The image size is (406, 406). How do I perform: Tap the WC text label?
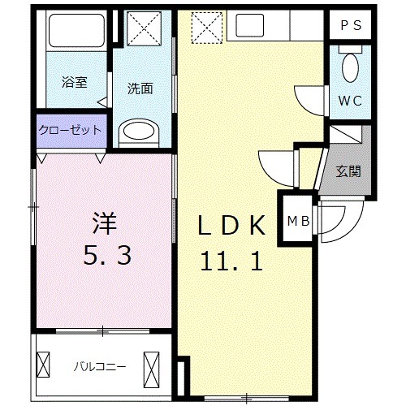point(351,101)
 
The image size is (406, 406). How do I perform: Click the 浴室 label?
point(74,82)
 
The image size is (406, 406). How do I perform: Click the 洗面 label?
point(140,89)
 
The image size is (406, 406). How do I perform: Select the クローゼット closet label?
point(70,130)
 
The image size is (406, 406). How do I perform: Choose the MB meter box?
point(296,218)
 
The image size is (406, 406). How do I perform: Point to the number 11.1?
point(231,261)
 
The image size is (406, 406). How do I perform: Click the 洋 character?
point(103,221)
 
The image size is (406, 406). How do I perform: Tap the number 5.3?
point(105,257)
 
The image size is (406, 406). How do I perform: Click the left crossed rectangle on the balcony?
point(45,366)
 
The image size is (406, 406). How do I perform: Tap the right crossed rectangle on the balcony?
point(152,366)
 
